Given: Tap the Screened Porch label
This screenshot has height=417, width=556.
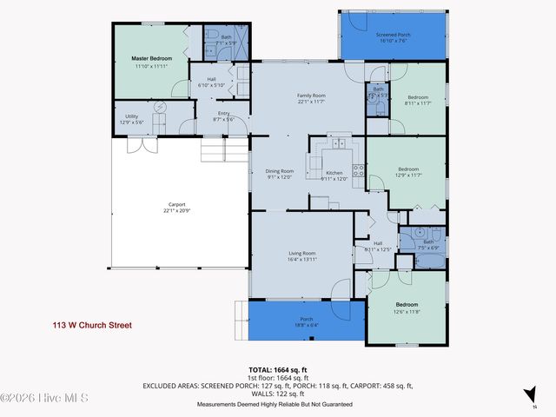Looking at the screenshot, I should coord(394,35).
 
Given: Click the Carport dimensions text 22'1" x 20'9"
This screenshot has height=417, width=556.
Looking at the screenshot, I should coord(175,211).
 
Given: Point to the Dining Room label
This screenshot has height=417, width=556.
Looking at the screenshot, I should coord(280,171).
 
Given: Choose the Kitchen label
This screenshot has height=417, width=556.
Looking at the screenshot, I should coord(334,174).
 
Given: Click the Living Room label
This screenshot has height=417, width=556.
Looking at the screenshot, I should coord(302,254).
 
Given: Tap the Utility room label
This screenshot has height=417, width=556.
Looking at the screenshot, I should coord(132,116).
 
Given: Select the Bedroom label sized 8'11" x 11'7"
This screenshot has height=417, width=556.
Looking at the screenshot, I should coord(418,97).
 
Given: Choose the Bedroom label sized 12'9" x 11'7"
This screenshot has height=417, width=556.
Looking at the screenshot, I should coord(408,169).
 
